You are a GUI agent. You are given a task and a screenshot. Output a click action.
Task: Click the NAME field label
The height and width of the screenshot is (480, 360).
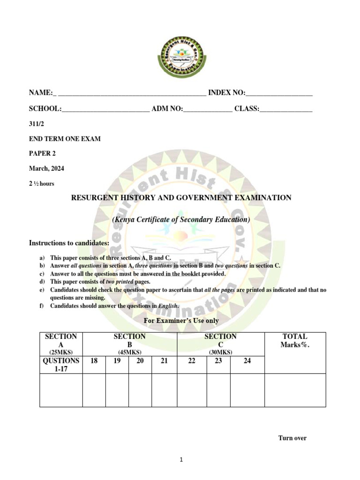(x=41, y=93)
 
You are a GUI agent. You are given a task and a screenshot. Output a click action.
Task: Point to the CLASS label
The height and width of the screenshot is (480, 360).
(x=247, y=109)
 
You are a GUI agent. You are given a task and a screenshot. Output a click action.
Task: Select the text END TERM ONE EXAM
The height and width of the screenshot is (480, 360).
(x=65, y=139)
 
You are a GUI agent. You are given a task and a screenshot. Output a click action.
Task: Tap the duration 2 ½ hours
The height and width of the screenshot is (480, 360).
(x=42, y=184)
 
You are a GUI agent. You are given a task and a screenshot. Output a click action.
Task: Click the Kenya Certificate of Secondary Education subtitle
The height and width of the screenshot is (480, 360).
(x=181, y=219)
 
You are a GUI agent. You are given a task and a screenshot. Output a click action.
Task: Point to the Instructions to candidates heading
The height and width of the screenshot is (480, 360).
(x=69, y=243)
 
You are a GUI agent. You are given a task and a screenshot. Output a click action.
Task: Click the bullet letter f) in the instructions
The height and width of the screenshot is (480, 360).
(x=42, y=306)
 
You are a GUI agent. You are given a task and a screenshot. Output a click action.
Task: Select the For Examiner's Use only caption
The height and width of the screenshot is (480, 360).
(x=181, y=321)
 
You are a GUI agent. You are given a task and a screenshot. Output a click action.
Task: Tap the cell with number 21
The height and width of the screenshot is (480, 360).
(x=164, y=361)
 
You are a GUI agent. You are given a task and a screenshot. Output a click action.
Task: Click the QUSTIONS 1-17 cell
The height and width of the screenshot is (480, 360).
(x=61, y=365)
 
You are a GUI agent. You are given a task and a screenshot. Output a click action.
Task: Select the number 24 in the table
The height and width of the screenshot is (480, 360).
(x=247, y=361)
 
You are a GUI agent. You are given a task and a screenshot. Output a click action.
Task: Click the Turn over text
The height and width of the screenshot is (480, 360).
(x=292, y=438)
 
